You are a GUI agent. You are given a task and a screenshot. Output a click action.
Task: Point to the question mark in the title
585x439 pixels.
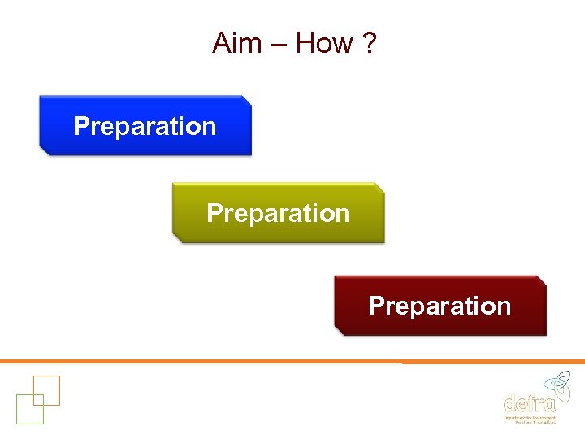point(370,42)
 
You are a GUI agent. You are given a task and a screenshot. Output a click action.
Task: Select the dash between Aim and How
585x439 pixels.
point(279,44)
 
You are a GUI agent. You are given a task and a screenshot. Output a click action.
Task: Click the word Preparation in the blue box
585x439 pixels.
point(145,126)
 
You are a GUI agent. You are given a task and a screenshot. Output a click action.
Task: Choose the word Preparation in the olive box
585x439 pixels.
point(278,213)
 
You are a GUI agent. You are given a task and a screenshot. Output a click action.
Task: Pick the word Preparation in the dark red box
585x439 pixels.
point(440,306)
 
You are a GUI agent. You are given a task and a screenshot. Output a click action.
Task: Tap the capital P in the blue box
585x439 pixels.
point(80,126)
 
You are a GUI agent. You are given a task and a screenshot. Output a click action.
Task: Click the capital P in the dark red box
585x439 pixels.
point(375,306)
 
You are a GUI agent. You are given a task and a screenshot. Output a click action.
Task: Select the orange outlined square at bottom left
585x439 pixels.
point(46,390)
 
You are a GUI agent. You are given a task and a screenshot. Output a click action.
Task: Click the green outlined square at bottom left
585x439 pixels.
point(29,409)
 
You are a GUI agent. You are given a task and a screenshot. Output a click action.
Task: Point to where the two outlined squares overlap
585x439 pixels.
point(38,399)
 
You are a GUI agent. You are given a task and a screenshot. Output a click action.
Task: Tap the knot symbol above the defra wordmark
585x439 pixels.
point(556,382)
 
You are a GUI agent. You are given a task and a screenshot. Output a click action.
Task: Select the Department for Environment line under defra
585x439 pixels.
point(530,416)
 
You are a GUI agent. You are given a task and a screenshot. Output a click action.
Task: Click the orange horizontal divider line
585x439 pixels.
point(292,361)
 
